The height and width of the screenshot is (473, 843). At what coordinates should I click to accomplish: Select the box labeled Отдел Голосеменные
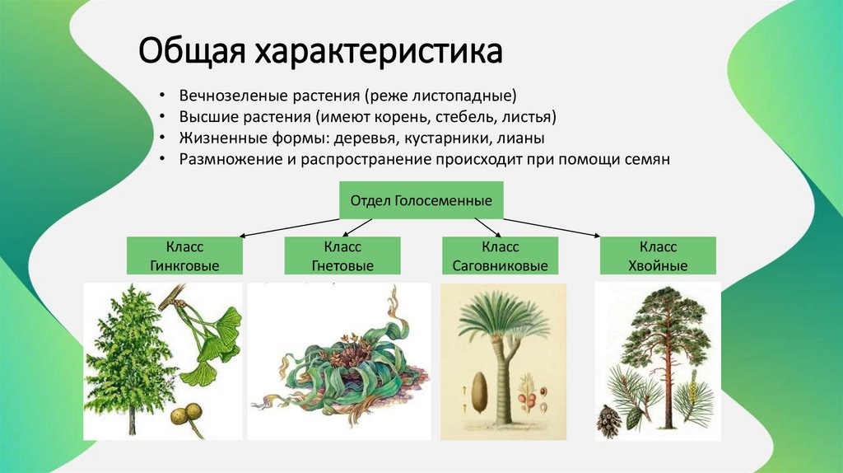tap(421, 200)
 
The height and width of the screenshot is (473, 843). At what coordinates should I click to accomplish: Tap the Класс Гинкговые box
tap(184, 256)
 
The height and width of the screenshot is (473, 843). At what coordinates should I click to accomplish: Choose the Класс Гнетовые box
tap(342, 256)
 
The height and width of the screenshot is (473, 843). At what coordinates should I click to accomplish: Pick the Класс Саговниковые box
tap(500, 256)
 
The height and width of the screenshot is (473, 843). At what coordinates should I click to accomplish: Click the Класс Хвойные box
tap(658, 256)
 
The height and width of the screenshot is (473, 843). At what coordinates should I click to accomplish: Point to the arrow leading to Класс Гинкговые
tap(288, 227)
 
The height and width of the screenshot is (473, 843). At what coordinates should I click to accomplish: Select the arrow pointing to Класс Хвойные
tap(552, 227)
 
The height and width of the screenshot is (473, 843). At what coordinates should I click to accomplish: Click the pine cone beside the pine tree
tap(609, 419)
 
